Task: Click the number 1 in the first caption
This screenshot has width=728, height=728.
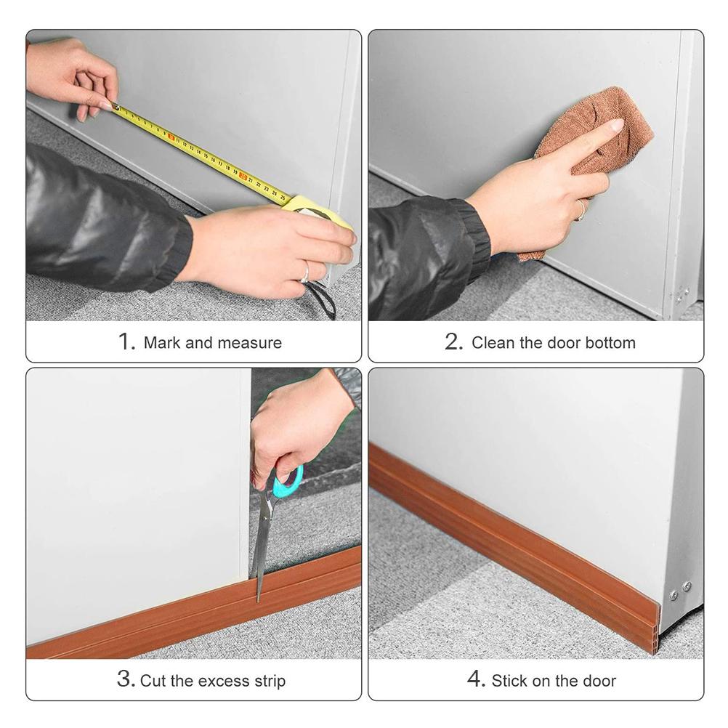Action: tap(126, 341)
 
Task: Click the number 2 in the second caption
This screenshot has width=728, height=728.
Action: tap(453, 341)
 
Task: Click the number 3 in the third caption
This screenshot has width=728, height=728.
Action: tap(125, 680)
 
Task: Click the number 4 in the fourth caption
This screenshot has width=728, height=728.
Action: tap(476, 680)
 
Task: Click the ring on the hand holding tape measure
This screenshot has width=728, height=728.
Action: tap(305, 272)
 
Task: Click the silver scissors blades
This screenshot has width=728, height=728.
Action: tap(262, 545)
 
